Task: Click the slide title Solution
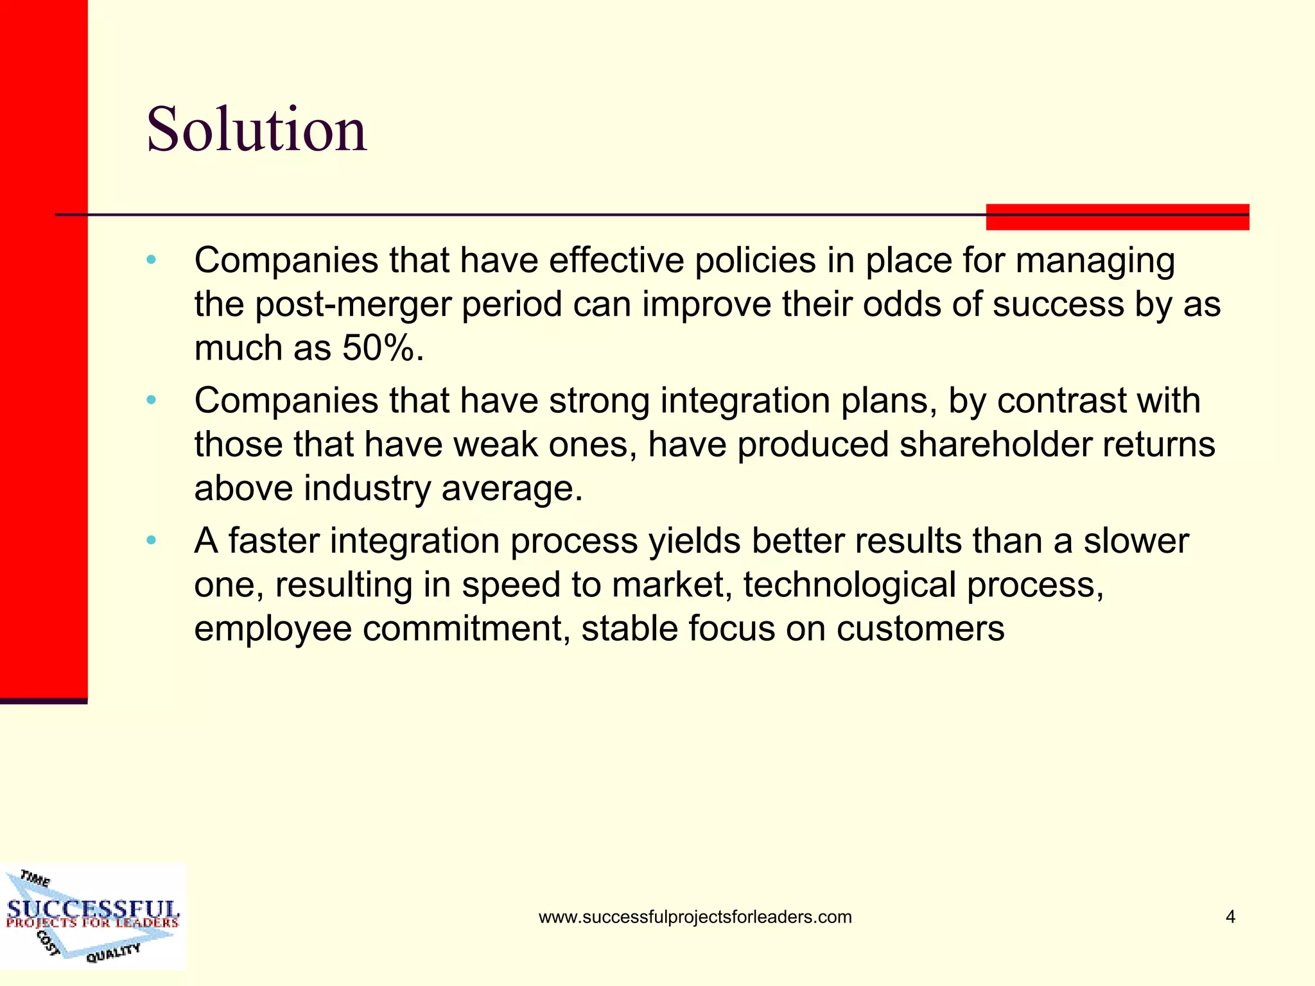[x=257, y=130]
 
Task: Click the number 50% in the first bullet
[x=382, y=349]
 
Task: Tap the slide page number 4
[x=1230, y=917]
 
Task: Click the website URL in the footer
[x=695, y=917]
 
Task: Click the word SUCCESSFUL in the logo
[x=93, y=908]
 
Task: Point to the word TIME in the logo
[x=35, y=878]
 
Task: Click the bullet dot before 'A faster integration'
[x=152, y=541]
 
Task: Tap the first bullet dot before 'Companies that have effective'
[x=152, y=260]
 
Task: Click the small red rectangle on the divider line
[x=1117, y=217]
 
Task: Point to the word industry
[x=367, y=489]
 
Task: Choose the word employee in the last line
[x=273, y=628]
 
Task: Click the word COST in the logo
[x=48, y=942]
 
